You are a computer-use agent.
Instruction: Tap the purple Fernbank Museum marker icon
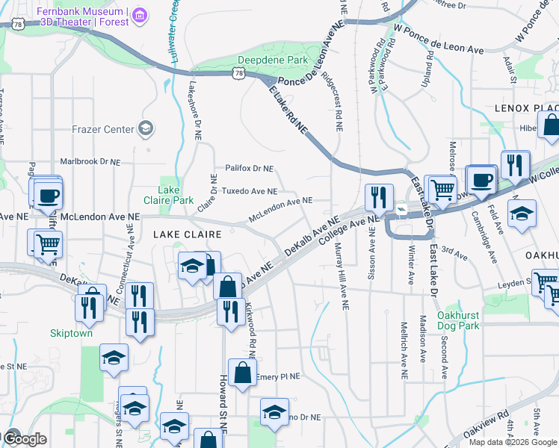coord(142,13)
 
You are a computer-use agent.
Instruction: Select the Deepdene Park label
coord(272,60)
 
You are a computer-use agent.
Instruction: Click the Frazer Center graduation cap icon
coord(146,128)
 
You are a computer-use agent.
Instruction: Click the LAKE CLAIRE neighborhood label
coord(187,234)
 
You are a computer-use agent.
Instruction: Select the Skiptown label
coord(71,333)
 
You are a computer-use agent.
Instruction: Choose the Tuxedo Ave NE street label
coord(249,191)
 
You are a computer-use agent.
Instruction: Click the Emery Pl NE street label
coord(277,377)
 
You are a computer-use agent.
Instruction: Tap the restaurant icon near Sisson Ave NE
coord(379,198)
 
